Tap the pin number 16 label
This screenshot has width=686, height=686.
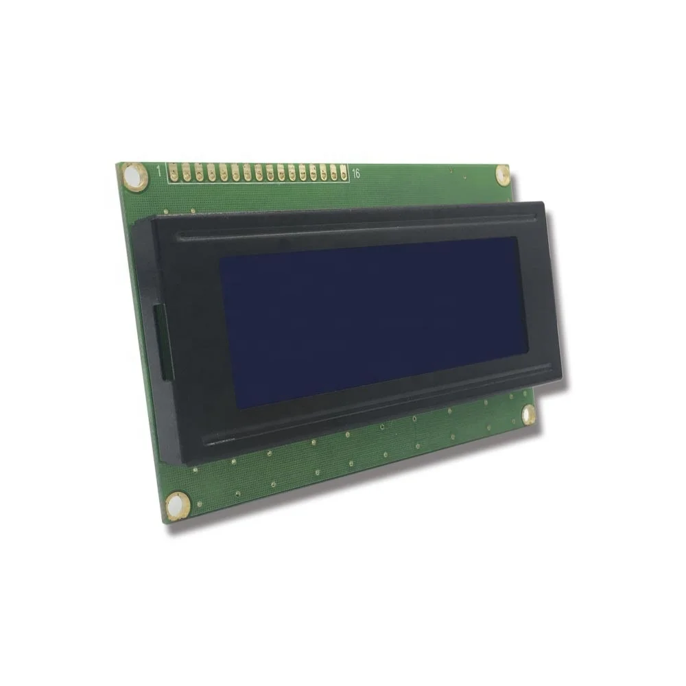[x=355, y=174]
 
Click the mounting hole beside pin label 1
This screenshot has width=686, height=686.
[x=134, y=176]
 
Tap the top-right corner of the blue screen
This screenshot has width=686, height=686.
[x=516, y=237]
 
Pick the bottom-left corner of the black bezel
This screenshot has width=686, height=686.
[x=163, y=461]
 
